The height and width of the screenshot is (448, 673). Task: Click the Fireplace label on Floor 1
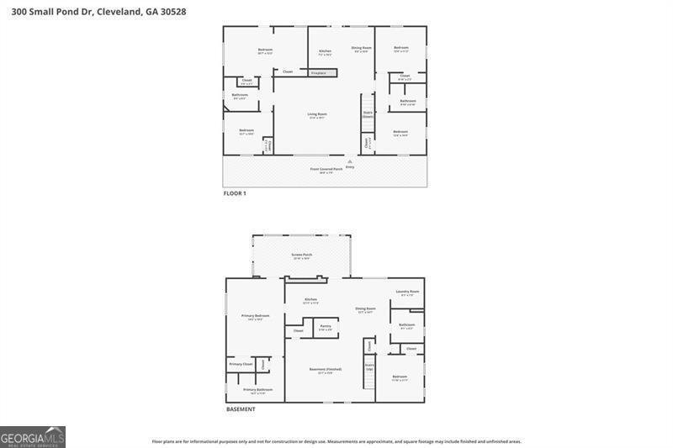pyautogui.click(x=319, y=73)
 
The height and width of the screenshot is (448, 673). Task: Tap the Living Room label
pyautogui.click(x=316, y=114)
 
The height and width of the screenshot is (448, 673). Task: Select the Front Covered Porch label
pyautogui.click(x=326, y=169)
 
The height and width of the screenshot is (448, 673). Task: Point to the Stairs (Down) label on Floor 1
pyautogui.click(x=368, y=113)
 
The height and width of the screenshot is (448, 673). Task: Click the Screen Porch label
pyautogui.click(x=301, y=256)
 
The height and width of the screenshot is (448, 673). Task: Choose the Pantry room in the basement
pyautogui.click(x=325, y=326)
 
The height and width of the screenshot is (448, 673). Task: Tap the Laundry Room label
pyautogui.click(x=407, y=292)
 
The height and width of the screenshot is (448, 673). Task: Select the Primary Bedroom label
pyautogui.click(x=255, y=316)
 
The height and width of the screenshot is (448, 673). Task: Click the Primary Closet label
pyautogui.click(x=241, y=364)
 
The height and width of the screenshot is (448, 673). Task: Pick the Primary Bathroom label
pyautogui.click(x=257, y=390)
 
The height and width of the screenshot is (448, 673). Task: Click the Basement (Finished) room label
pyautogui.click(x=325, y=370)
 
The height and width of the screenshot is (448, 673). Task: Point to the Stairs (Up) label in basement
pyautogui.click(x=369, y=367)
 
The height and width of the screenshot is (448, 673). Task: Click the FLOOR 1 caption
pyautogui.click(x=235, y=193)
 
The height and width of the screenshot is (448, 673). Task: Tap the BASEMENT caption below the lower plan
pyautogui.click(x=241, y=409)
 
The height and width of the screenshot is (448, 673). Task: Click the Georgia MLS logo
pyautogui.click(x=33, y=437)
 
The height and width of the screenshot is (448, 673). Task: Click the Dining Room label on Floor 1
pyautogui.click(x=361, y=49)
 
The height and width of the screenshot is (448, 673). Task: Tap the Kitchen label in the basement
pyautogui.click(x=310, y=300)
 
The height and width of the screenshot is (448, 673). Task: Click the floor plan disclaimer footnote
pyautogui.click(x=336, y=441)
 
